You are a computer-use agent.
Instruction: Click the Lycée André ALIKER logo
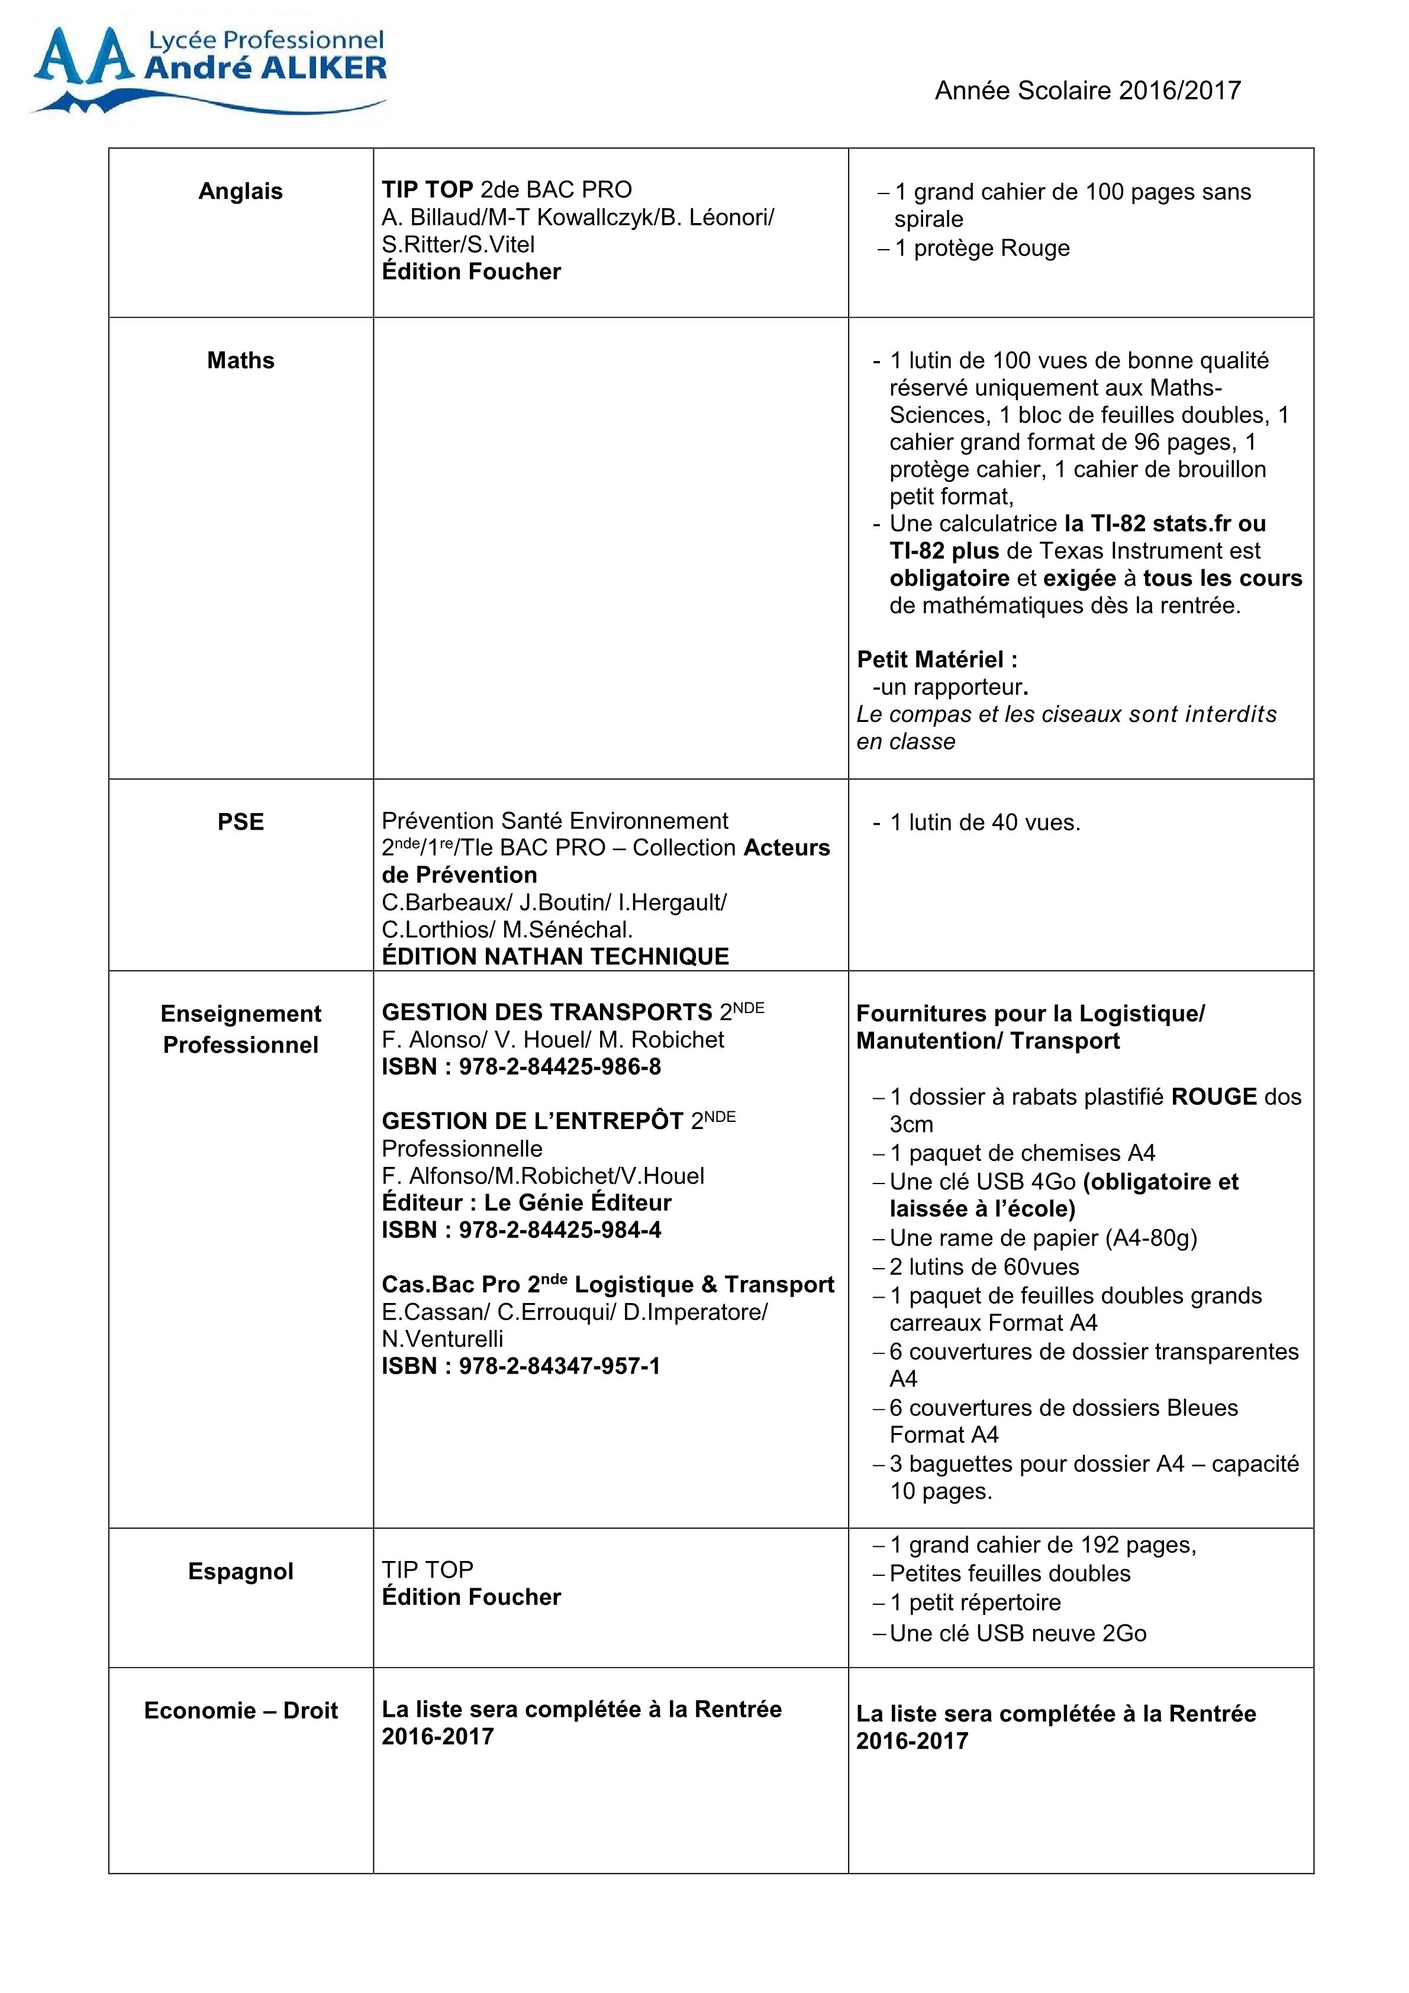208,69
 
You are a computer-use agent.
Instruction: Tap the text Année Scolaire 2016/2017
1087,91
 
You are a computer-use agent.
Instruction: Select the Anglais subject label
240,192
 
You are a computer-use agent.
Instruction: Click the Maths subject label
240,361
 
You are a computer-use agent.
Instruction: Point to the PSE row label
240,822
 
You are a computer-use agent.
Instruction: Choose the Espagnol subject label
240,1571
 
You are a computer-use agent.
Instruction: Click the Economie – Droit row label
240,1711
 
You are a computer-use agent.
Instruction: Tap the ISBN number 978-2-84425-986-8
560,1067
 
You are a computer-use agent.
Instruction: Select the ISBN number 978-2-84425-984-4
560,1230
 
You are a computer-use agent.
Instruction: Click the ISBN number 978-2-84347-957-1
560,1366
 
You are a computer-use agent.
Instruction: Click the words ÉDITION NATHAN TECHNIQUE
556,957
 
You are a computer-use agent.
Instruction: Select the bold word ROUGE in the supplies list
1213,1097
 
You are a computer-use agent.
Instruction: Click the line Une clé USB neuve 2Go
1017,1634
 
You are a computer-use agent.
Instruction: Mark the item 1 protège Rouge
982,249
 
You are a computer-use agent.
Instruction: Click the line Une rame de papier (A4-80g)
1043,1239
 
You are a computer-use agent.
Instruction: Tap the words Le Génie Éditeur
578,1203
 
